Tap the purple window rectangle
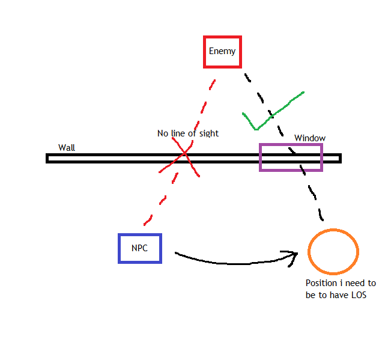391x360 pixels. (x=260, y=157)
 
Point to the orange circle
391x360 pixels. (x=309, y=252)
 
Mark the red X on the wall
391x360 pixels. (x=184, y=153)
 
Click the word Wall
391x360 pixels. (x=67, y=148)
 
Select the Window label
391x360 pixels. (x=310, y=138)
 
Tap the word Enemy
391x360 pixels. (x=222, y=51)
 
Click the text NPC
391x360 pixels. (x=139, y=248)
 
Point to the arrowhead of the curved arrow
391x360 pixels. (x=297, y=254)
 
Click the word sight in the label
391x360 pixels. (x=209, y=133)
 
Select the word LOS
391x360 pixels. (x=359, y=295)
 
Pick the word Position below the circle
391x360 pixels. (x=321, y=283)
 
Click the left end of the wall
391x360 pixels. (x=46, y=159)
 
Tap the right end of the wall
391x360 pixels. (x=341, y=159)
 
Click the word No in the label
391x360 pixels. (x=163, y=133)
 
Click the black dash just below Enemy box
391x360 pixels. (x=247, y=78)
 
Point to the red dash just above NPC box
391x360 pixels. (x=148, y=221)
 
